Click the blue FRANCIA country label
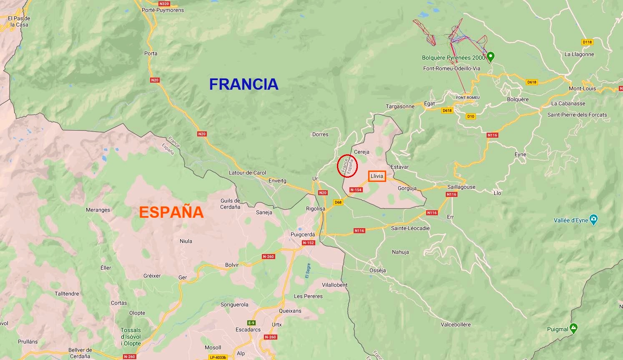point(244,84)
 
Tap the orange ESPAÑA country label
point(171,212)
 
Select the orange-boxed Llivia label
point(377,176)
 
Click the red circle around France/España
point(347,166)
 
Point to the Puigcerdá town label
point(303,234)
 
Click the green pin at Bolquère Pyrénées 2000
point(491,57)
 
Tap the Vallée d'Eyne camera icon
point(594,219)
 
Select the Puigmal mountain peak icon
point(574,328)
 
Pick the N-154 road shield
point(356,190)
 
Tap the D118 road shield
point(587,42)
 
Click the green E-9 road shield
point(251,323)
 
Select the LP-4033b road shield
point(218,357)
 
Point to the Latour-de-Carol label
point(247,173)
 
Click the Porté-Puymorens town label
point(163,10)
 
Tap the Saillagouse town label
point(461,187)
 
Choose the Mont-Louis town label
point(582,88)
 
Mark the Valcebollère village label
point(455,325)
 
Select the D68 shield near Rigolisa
point(338,202)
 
